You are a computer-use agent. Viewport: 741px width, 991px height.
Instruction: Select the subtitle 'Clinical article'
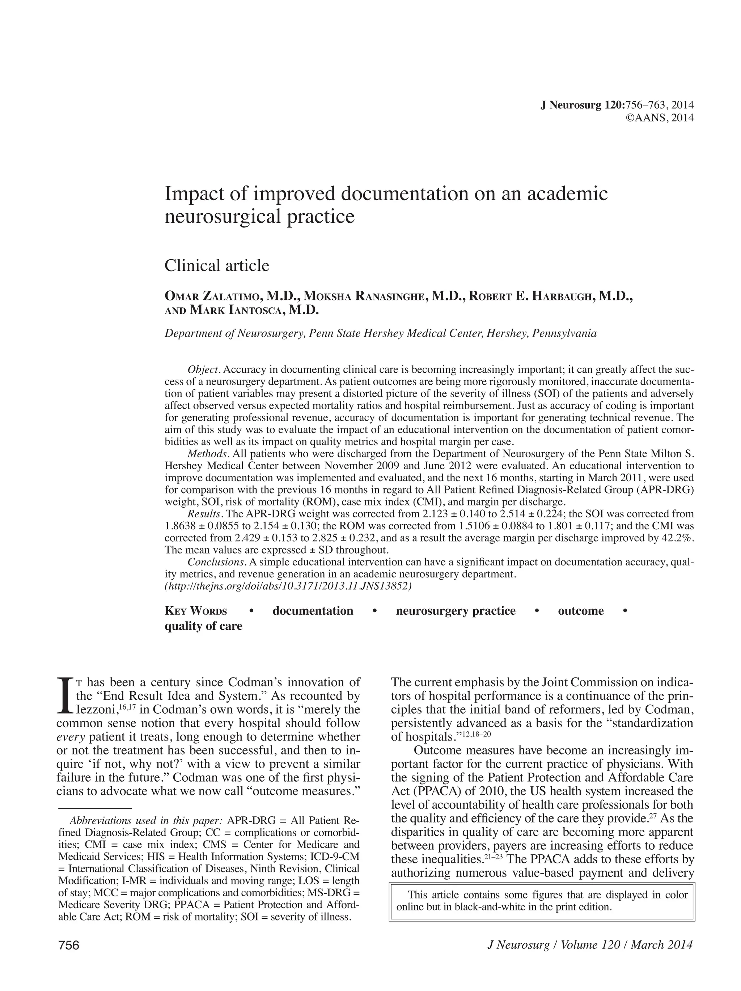(217, 266)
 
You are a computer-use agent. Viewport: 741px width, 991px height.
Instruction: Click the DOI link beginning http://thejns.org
(288, 586)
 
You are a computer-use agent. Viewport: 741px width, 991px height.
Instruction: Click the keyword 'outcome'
(580, 611)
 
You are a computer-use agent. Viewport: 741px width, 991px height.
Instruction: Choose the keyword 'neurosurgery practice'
(456, 611)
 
